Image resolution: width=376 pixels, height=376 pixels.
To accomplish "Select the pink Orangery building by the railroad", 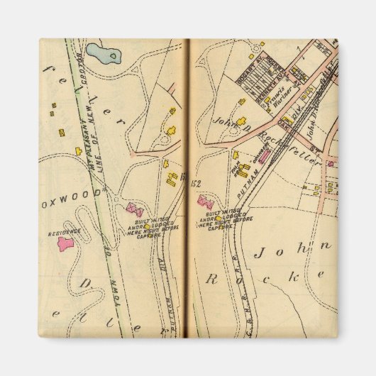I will (262, 155).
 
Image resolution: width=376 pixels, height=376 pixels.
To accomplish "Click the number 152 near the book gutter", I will (197, 182).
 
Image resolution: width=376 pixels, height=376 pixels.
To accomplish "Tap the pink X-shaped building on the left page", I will (135, 210).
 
